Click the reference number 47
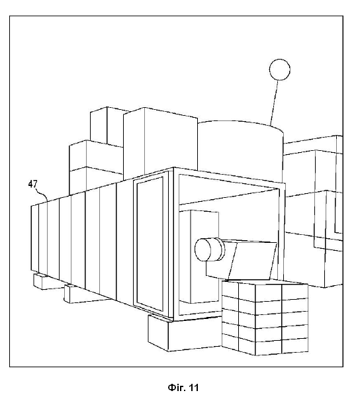(32, 184)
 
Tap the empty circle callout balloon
(280, 69)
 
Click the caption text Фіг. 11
(183, 388)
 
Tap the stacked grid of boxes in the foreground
(265, 318)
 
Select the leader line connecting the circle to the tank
(274, 103)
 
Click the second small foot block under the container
(77, 294)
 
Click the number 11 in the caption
(193, 388)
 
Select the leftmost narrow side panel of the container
(34, 238)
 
